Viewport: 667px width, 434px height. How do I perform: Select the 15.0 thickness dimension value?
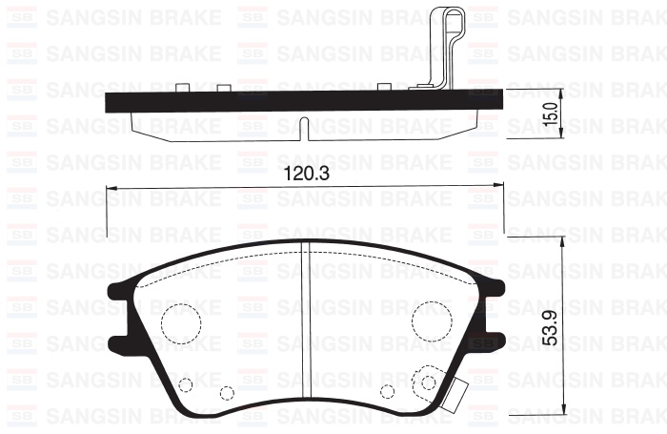click(x=549, y=115)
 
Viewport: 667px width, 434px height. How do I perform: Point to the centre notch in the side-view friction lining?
click(x=301, y=125)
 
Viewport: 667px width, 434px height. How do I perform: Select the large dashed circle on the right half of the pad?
click(x=432, y=322)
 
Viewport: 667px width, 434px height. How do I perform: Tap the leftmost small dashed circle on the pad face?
click(x=186, y=385)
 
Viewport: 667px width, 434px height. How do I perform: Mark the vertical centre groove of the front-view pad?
click(x=302, y=324)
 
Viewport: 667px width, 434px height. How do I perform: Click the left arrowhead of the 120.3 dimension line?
click(x=111, y=187)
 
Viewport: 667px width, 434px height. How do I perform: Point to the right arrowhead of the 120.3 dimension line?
click(x=493, y=187)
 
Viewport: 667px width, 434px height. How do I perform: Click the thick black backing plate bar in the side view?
click(x=286, y=100)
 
